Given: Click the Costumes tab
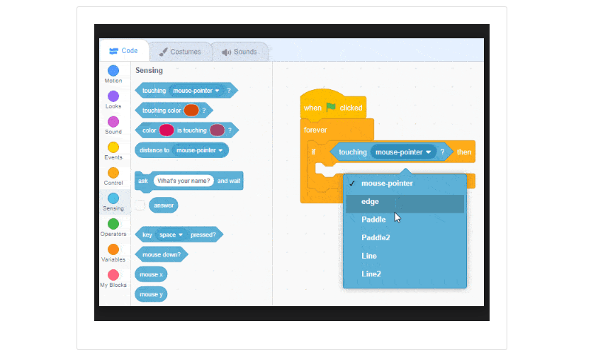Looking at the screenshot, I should pos(180,52).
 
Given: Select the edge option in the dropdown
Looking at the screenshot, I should pos(370,202).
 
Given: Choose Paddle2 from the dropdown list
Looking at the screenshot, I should pos(376,238).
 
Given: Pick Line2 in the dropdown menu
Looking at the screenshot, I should pos(371,274).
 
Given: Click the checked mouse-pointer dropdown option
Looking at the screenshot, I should pos(387,184).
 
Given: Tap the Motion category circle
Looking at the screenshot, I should pos(113,71).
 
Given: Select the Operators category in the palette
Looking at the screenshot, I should pos(113,224).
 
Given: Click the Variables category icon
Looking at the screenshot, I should pos(113,249).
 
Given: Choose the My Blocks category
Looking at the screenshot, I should pos(113,275).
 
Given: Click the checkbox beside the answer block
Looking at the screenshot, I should pos(140,206).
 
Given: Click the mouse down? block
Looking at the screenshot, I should pos(161,254).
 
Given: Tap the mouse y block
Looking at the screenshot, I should pos(150,294).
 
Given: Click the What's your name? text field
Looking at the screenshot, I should pos(184,181).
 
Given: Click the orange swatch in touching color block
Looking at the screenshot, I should pos(191,111).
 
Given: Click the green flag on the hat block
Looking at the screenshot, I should pos(331,108).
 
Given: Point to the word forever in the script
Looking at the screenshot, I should pos(315,130).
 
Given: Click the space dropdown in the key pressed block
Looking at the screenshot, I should pos(171,235).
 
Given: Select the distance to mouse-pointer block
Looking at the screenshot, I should pos(181,150).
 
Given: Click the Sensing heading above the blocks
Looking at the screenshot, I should pos(149,71).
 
